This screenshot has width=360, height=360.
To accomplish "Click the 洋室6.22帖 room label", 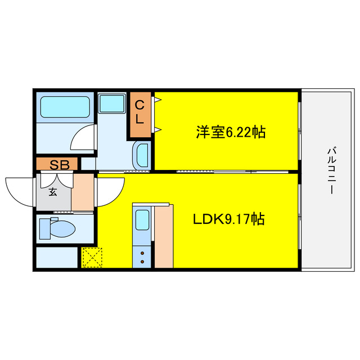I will (x=231, y=132).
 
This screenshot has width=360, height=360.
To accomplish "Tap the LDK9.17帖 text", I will (x=229, y=219).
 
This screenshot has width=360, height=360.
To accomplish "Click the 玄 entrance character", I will (x=52, y=192).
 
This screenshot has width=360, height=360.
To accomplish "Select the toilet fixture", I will (x=59, y=228).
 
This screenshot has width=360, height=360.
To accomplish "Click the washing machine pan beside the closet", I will (x=112, y=104).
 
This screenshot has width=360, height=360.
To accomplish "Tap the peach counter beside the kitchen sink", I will (x=164, y=236).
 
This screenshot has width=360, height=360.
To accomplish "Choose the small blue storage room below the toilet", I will (x=56, y=258).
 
